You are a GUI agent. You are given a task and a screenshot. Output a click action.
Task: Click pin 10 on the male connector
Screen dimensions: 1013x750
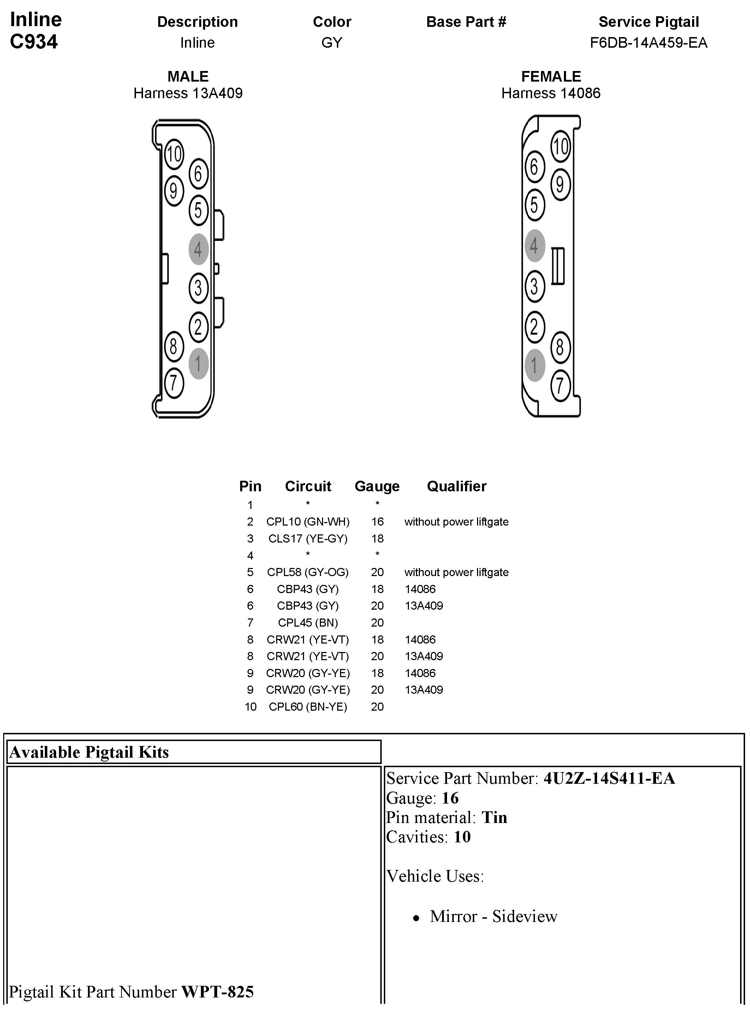(x=173, y=154)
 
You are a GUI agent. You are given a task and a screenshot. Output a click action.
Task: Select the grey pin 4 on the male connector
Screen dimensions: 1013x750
(x=198, y=249)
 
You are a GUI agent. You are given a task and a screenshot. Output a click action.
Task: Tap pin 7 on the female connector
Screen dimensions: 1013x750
(x=560, y=385)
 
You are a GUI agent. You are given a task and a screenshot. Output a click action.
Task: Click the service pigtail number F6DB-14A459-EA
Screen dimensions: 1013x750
(x=648, y=43)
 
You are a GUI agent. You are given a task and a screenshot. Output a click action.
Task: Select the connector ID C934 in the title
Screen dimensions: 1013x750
(x=34, y=42)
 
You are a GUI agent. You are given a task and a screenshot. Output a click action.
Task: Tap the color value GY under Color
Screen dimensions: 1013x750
(x=332, y=43)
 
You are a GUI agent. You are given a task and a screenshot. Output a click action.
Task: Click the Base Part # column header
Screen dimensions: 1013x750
(x=466, y=22)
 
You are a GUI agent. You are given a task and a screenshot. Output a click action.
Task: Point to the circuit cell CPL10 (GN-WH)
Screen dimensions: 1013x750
(x=308, y=522)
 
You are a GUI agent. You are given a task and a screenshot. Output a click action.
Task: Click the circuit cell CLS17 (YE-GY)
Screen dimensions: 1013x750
(x=308, y=539)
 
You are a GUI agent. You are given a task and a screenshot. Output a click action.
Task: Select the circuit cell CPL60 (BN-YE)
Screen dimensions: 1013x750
(x=308, y=706)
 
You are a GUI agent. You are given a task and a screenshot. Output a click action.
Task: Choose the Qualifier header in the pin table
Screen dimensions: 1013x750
(x=456, y=486)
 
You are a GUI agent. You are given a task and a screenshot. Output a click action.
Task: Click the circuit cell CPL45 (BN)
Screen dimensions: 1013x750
(x=308, y=622)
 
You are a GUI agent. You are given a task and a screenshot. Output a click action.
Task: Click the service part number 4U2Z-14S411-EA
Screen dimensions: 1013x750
(x=609, y=778)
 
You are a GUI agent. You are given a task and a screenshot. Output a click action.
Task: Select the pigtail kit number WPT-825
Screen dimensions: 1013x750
(x=218, y=992)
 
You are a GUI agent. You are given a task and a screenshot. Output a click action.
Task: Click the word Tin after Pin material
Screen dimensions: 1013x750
(x=494, y=817)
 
